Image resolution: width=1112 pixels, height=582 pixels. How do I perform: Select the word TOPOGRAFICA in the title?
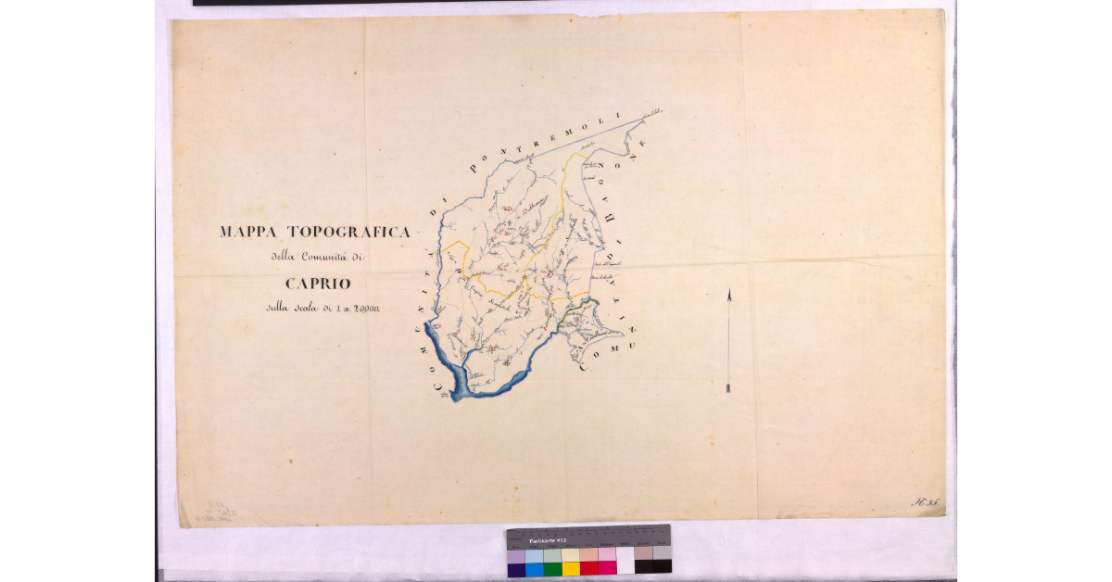pos(349,232)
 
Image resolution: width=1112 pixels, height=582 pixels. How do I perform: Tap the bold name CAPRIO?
pos(318,284)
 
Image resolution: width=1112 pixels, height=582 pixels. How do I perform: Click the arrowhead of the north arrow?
pos(729,296)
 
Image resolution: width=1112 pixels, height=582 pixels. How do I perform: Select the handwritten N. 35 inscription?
pos(927,503)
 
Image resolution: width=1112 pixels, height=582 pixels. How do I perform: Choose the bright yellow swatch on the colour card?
pos(570,568)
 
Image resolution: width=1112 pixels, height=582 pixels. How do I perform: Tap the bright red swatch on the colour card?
pos(588,568)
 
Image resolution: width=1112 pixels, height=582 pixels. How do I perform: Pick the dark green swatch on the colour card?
pos(552,568)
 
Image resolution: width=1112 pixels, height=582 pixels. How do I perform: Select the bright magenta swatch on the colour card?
pos(607,568)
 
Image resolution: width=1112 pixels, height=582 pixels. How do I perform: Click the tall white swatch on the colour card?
pos(625,561)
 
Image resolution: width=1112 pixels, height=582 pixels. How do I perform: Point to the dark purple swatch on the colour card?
pos(516,568)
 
